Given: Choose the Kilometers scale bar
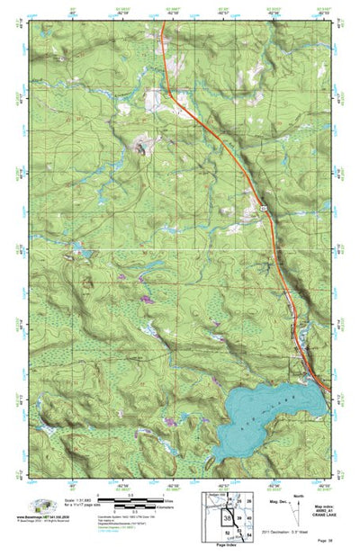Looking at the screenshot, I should click(117, 507).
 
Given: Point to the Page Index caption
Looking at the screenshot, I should click(226, 545).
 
